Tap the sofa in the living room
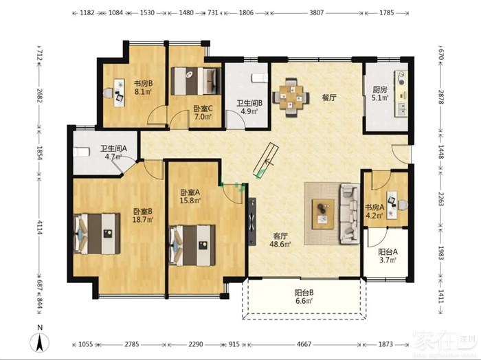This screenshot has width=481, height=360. [x=349, y=214]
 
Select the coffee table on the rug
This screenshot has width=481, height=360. [x=323, y=214]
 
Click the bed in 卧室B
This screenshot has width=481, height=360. [x=97, y=234]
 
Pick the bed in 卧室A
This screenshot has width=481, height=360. [x=192, y=245]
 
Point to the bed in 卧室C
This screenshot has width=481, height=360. [x=196, y=81]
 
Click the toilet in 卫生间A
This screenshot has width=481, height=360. [x=82, y=152]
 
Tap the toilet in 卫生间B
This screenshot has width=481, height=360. [x=260, y=78]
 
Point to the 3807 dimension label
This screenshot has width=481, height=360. [x=316, y=13]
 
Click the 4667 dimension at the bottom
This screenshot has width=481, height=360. [x=304, y=344]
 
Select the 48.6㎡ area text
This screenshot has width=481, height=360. [x=280, y=245]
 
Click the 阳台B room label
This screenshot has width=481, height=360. [x=304, y=293]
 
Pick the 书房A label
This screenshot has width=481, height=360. [x=374, y=207]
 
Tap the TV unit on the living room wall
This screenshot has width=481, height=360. [x=252, y=221]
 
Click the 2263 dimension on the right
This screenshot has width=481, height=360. [x=441, y=200]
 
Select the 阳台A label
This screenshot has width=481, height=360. [x=388, y=252]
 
